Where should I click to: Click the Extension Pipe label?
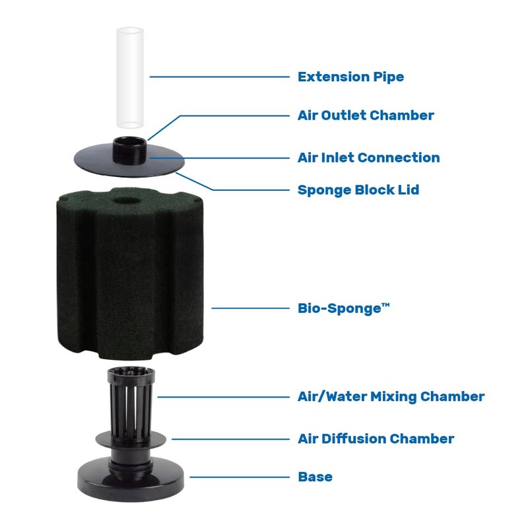point(350,77)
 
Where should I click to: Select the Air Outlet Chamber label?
point(366,116)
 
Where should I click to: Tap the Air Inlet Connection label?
point(368,158)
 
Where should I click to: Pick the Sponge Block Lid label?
point(358,190)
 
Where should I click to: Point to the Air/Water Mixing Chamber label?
point(391,397)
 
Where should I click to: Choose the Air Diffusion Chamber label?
point(376,439)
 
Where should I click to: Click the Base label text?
point(315,477)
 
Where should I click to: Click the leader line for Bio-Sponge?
point(251,308)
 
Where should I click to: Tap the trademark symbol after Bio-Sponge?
point(385,304)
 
